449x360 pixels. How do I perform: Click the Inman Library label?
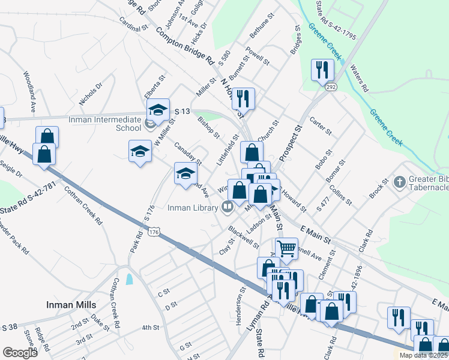pos(191,208)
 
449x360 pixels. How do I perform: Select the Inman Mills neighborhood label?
pos(71,305)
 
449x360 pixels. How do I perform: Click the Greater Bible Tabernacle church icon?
pos(400,182)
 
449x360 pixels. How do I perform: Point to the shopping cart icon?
pos(286,247)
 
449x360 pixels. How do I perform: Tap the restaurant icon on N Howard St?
pos(243,98)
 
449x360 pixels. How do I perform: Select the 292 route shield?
pos(331,88)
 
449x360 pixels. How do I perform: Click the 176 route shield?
pos(154,231)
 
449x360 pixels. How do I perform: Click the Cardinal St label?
pos(133,28)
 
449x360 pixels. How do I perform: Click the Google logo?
pos(20,353)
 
